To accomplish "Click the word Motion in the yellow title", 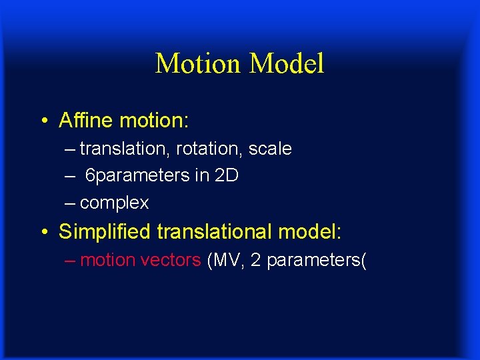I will click(x=197, y=64).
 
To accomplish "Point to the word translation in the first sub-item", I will click(x=125, y=149).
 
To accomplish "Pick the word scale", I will click(x=270, y=149).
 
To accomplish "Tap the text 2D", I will click(x=227, y=175).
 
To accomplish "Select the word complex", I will click(x=114, y=203).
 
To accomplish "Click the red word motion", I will click(x=107, y=260).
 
